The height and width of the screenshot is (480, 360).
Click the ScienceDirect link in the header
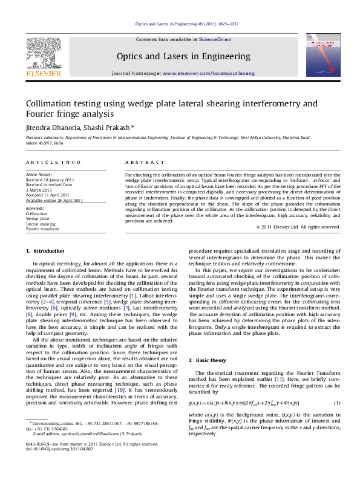coord(215,39)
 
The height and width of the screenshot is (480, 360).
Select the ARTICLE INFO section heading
coord(53,163)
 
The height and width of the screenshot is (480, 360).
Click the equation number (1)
coord(337,403)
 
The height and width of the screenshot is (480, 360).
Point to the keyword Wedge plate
coord(38,218)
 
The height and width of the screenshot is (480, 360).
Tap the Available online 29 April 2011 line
coord(54,200)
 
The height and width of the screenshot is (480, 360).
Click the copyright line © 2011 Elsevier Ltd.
coord(299,227)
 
